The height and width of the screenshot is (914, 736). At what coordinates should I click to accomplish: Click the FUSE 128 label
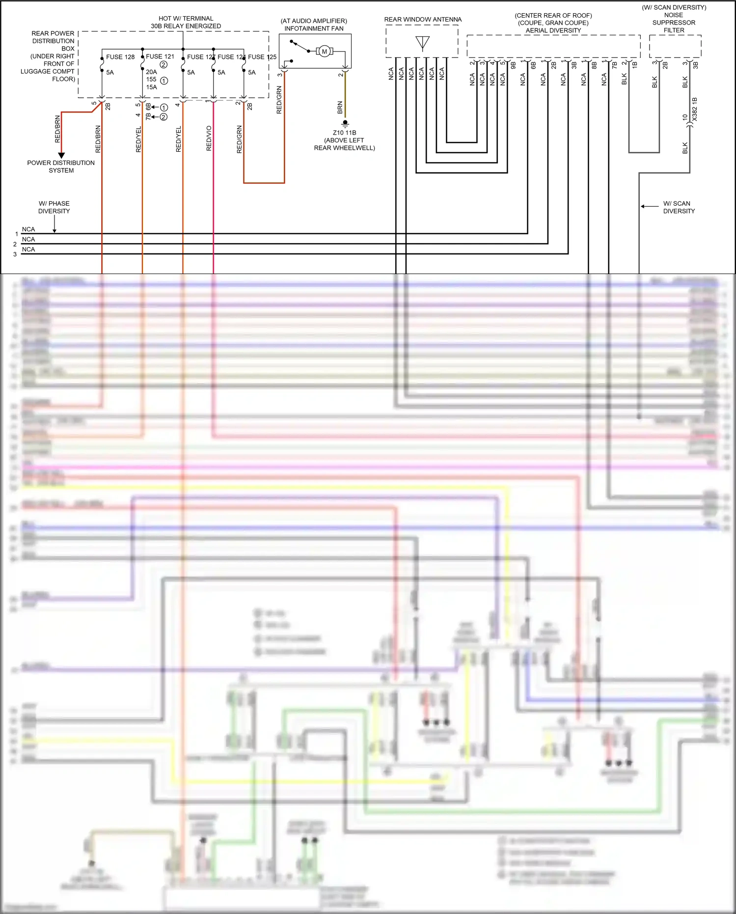coord(120,57)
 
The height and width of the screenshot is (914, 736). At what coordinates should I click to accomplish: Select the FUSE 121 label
coord(160,56)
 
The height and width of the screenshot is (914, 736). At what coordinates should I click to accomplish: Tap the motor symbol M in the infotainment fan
coord(324,52)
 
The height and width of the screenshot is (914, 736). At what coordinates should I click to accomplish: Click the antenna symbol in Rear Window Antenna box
coord(422,43)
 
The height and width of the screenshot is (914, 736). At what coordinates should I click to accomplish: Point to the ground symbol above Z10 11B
coord(345,123)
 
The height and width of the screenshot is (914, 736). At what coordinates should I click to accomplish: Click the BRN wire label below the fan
coord(340,108)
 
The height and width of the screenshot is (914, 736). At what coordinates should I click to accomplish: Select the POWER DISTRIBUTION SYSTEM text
coord(61,166)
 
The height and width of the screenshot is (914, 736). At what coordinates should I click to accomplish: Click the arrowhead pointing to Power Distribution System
coord(61,155)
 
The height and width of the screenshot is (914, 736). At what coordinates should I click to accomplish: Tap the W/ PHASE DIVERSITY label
coord(54,207)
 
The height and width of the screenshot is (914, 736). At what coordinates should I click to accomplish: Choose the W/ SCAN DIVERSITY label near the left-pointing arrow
coord(679,207)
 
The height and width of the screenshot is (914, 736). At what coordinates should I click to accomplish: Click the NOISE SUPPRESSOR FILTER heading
coord(674,23)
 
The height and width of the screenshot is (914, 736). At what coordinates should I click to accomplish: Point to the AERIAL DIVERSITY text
coord(553,30)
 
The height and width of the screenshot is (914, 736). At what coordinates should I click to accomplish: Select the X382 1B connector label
coord(694,109)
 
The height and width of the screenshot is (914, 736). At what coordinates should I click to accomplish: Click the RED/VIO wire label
coord(209,138)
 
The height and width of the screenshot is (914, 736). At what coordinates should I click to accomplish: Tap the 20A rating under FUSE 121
coord(151,72)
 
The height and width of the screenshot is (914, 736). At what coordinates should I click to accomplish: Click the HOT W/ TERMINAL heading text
coord(186,19)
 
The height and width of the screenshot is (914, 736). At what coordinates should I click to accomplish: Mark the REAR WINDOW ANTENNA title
coord(423,20)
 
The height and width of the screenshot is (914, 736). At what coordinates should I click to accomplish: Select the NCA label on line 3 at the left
coord(28,249)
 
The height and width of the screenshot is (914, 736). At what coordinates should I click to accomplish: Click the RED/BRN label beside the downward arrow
coord(57,129)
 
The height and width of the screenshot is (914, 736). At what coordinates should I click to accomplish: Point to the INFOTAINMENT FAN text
coord(314,28)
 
